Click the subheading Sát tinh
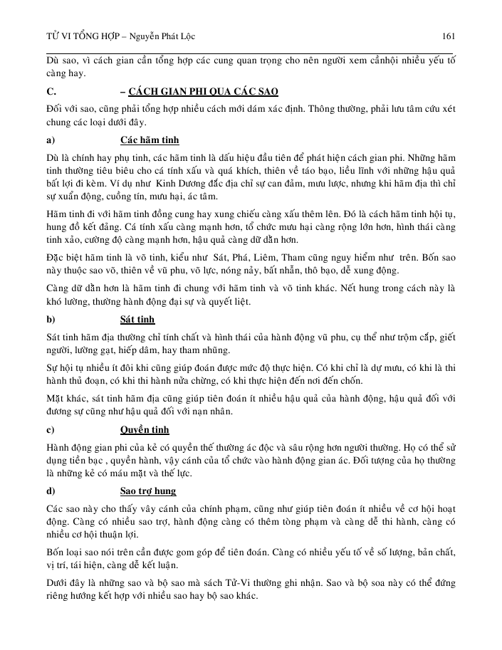click(x=137, y=319)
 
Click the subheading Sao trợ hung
click(x=148, y=491)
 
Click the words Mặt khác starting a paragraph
click(x=65, y=398)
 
